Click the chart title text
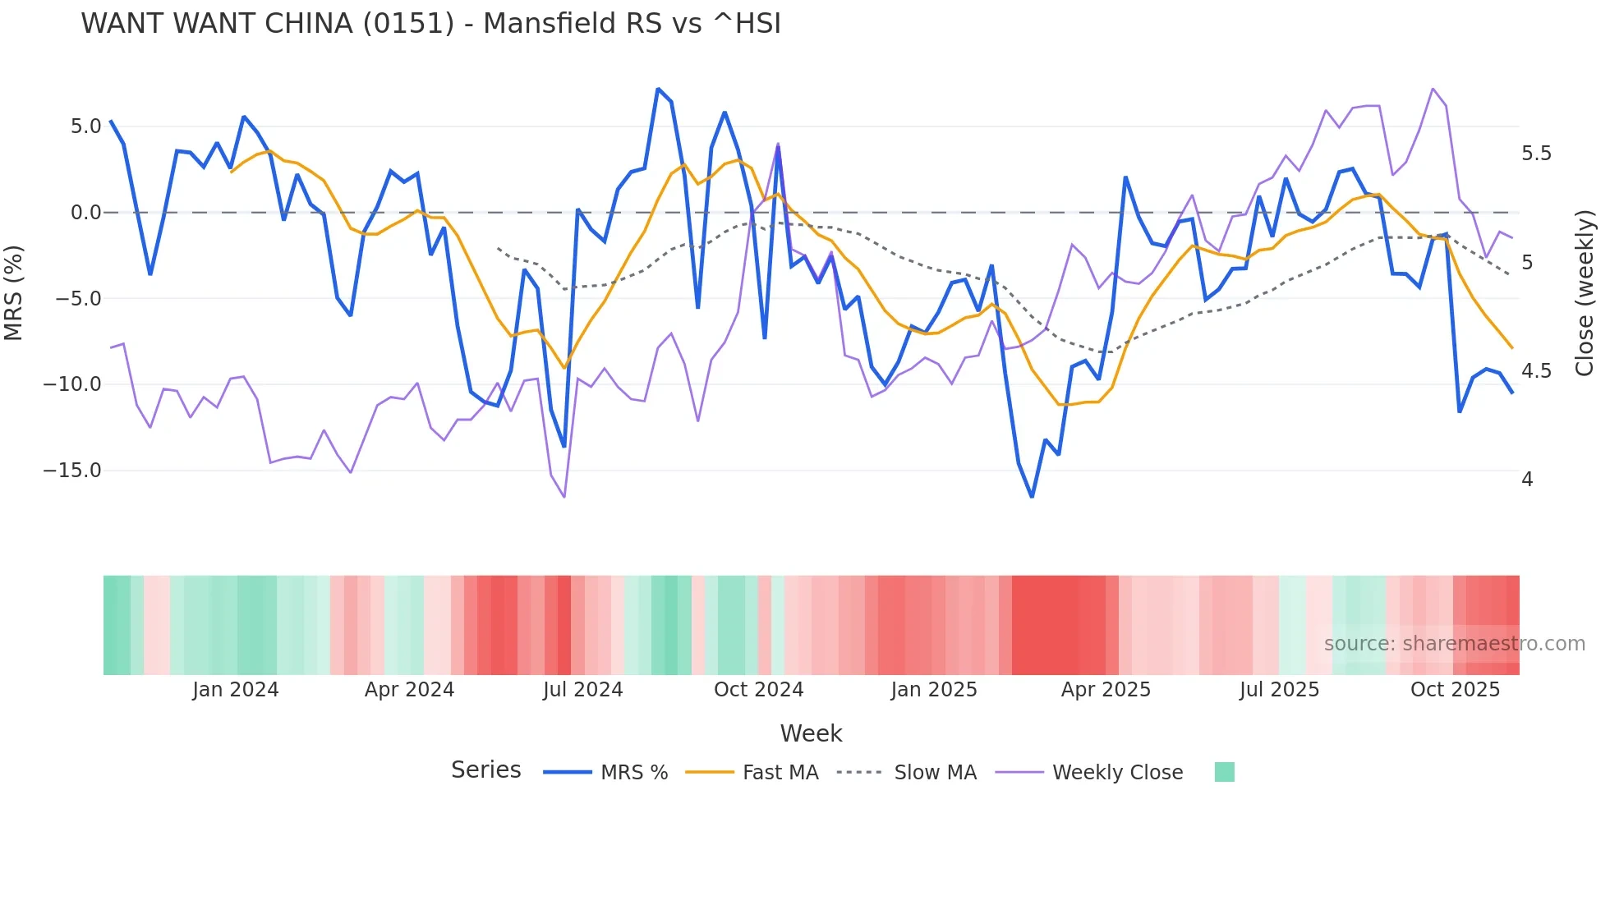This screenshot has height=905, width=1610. point(430,24)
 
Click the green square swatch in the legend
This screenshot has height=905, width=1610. point(1224,772)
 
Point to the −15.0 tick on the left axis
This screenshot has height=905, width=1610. point(72,471)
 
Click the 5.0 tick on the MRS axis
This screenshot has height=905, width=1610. point(85,126)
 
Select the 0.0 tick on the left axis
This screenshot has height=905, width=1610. point(85,213)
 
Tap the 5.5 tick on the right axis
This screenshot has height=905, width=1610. point(1536,154)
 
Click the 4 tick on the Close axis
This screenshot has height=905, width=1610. point(1527,479)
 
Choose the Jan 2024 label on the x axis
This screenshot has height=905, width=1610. point(236,690)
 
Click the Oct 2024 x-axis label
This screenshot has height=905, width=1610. point(758,690)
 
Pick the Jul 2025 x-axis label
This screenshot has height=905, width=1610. point(1279,690)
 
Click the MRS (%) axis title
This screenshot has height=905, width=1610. point(14,292)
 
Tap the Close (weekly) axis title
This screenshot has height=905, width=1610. point(1585,292)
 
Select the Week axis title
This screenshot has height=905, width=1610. point(811,733)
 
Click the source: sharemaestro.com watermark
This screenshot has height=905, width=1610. point(1454,644)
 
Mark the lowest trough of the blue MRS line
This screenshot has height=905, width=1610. point(1032,497)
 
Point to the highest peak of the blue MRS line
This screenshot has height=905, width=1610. point(658,89)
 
